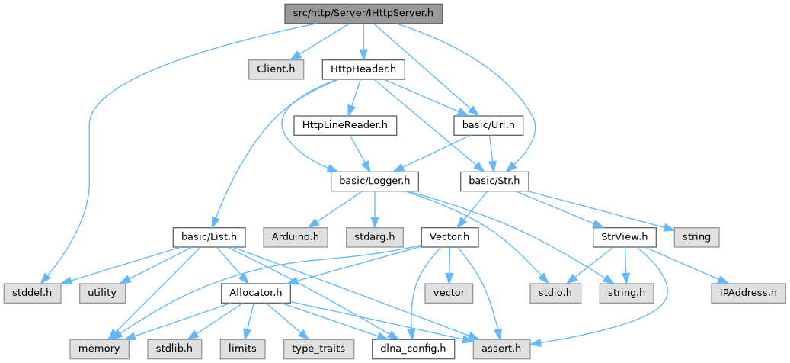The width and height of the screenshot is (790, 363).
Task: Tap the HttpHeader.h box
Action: click(363, 69)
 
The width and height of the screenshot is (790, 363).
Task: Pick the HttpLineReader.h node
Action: click(345, 124)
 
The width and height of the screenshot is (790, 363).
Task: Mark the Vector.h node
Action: click(449, 236)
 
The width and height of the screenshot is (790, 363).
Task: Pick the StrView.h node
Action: click(623, 236)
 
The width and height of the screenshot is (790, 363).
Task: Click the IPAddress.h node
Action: click(748, 292)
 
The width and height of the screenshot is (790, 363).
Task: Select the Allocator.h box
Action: click(251, 292)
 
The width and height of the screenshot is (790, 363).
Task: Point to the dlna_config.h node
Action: click(414, 349)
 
